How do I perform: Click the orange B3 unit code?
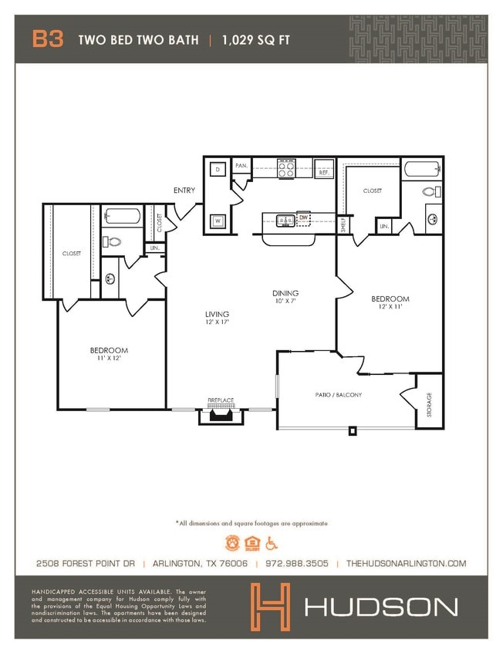click(x=47, y=39)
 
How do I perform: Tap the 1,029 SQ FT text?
click(x=257, y=40)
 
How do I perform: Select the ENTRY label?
click(x=184, y=191)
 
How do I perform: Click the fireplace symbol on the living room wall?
click(x=221, y=415)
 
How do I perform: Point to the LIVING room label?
click(x=217, y=314)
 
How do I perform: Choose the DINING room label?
click(x=285, y=293)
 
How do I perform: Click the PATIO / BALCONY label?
click(x=338, y=394)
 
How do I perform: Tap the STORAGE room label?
click(x=430, y=405)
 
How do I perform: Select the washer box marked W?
click(x=218, y=221)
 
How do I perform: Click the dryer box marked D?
click(x=218, y=168)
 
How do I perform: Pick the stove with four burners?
click(x=285, y=168)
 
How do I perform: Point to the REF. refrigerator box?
click(x=324, y=173)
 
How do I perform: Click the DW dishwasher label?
click(x=303, y=218)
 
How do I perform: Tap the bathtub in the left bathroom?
click(x=122, y=217)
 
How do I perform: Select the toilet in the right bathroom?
click(x=431, y=191)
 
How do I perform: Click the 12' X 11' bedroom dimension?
click(x=390, y=307)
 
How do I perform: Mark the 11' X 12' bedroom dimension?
click(x=109, y=358)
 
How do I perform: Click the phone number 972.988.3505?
click(x=297, y=564)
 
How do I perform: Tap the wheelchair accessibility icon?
click(x=271, y=543)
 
